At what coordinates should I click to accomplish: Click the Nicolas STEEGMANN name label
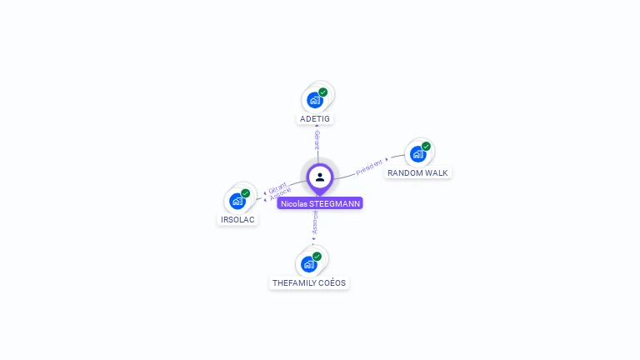(320, 203)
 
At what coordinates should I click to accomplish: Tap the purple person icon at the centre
(320, 177)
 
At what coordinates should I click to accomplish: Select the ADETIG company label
(315, 118)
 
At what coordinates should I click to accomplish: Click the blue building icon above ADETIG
(314, 100)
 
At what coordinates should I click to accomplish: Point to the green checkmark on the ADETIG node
(322, 92)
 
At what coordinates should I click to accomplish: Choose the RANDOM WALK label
(417, 172)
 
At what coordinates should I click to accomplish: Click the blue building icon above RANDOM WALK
(417, 154)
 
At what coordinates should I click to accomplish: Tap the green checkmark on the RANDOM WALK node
(426, 147)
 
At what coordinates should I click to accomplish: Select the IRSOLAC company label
(237, 220)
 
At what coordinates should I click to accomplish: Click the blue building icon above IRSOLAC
(237, 201)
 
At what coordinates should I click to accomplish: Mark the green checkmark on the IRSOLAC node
(245, 193)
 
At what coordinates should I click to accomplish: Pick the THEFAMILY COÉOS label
(309, 282)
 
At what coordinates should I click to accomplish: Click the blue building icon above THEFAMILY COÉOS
(308, 264)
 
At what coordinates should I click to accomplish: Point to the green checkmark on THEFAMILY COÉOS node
(317, 257)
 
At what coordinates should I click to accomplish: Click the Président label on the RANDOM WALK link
(370, 167)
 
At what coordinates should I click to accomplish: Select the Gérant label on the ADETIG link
(317, 140)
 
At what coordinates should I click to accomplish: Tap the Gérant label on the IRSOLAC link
(277, 188)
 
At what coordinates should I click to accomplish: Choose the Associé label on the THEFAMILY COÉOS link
(315, 222)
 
